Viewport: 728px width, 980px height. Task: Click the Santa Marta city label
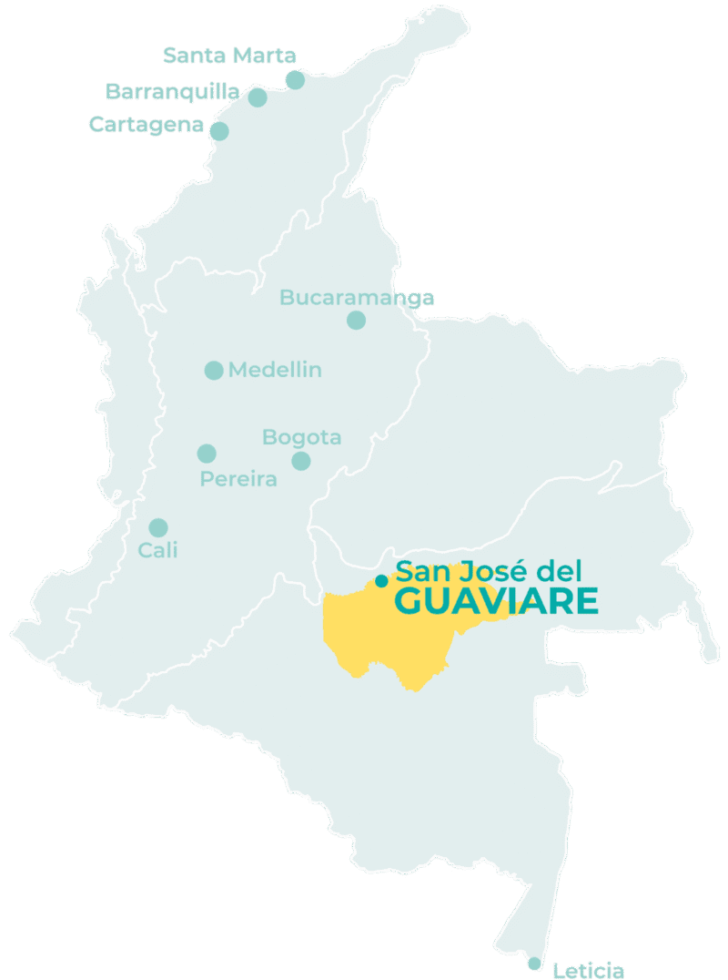229,56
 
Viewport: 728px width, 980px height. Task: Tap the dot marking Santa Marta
295,80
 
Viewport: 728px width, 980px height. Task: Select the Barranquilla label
173,91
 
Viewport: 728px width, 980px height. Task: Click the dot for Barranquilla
258,97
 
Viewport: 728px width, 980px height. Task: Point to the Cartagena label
146,125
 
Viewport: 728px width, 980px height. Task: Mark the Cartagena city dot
219,131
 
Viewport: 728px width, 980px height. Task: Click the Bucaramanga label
357,298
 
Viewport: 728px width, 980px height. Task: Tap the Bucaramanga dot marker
356,320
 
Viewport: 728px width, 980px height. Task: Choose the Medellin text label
275,370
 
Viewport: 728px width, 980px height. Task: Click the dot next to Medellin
214,370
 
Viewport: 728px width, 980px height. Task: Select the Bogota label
302,437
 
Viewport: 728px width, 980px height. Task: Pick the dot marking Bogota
301,461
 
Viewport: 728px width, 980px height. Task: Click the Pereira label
238,479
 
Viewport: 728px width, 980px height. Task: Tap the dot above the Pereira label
207,454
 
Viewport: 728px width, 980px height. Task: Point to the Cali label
157,550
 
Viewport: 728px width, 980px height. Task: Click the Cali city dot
158,527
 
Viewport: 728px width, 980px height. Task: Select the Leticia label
589,970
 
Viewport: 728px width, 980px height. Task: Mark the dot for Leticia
534,964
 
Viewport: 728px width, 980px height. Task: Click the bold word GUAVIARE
496,602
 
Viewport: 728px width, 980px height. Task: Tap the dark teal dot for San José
381,579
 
